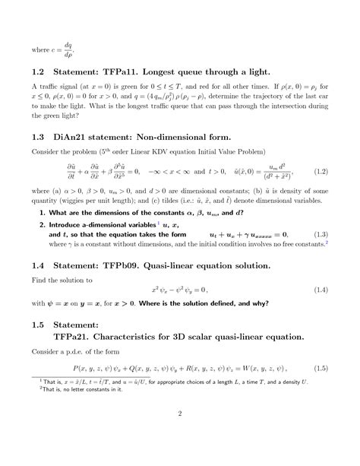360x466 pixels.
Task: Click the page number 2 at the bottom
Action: (180, 435)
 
